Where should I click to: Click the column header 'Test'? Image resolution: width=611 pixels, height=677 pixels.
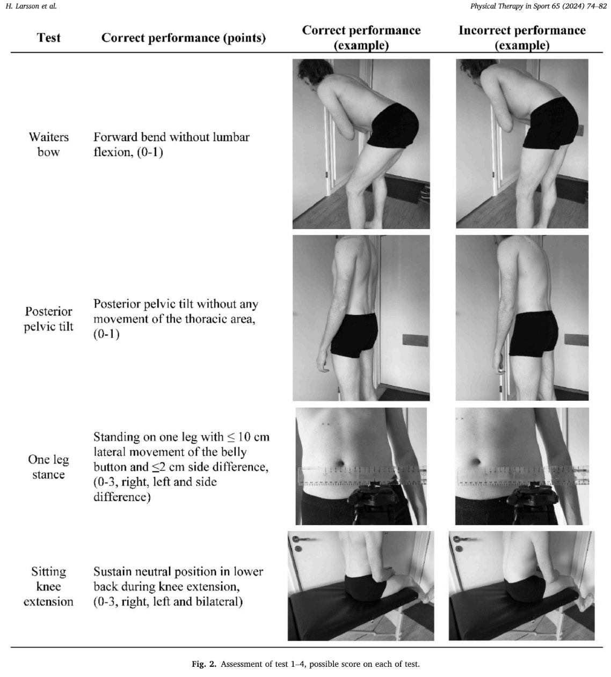[x=49, y=38]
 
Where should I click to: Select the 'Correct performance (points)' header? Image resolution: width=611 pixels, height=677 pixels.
[x=184, y=38]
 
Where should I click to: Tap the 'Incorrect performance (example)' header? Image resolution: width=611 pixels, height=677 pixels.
[x=522, y=38]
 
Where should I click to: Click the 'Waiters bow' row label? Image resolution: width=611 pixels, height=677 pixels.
[x=49, y=144]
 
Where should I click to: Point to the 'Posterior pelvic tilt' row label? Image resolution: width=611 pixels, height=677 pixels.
[x=49, y=319]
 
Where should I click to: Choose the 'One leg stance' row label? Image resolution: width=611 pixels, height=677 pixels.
[x=49, y=467]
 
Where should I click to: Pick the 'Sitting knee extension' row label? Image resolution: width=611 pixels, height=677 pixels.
[x=48, y=586]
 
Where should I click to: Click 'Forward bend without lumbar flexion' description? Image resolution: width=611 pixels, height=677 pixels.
[x=171, y=144]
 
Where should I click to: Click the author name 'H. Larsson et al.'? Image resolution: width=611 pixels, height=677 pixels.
[x=31, y=6]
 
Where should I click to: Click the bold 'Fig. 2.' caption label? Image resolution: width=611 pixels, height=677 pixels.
[x=204, y=664]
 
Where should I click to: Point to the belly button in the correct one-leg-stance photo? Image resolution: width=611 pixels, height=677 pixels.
[x=340, y=463]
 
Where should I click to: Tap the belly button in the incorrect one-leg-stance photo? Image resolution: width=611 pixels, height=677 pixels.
[x=476, y=461]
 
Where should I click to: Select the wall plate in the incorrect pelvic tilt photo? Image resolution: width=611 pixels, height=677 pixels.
[x=577, y=340]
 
